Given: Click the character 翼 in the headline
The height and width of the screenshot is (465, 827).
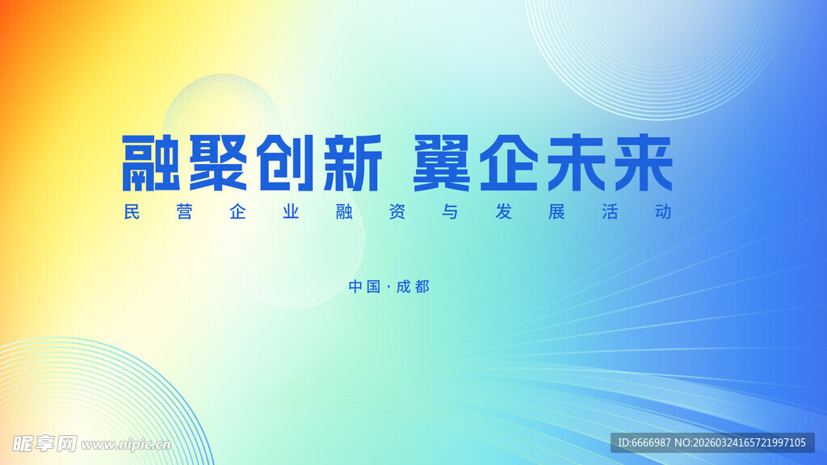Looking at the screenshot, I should click(442, 163).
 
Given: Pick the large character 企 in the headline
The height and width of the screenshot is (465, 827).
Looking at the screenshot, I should click(508, 163).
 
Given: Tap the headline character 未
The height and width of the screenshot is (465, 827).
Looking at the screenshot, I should click(574, 163).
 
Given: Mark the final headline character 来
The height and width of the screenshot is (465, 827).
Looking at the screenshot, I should click(641, 163).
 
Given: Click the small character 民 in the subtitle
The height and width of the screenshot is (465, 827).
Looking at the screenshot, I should click(132, 212).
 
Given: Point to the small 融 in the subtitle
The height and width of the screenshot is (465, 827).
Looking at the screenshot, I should click(342, 212).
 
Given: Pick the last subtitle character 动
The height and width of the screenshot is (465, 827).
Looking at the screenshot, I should click(664, 212).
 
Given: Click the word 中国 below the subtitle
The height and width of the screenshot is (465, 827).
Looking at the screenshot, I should click(364, 287).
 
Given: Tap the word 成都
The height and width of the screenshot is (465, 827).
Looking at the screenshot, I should click(413, 287).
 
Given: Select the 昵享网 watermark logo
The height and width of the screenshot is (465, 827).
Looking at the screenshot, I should click(44, 443).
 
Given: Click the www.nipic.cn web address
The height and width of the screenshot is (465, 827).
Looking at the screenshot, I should click(126, 444).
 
